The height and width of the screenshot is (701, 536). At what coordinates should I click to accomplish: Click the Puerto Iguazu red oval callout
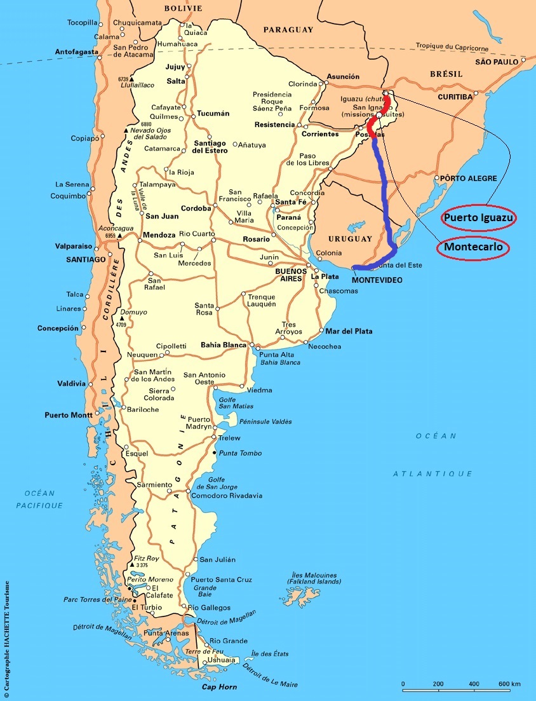point(479,218)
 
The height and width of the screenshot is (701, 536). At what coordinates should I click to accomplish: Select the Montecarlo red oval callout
point(473,247)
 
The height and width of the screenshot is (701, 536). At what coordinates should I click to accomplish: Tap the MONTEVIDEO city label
point(377,280)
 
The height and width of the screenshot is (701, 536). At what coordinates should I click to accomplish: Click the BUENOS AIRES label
point(291,275)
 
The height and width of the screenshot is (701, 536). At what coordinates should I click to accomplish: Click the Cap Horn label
point(219,687)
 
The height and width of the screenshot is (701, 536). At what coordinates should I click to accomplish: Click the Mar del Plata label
point(349,331)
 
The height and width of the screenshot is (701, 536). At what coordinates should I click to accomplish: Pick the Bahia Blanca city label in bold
point(224,345)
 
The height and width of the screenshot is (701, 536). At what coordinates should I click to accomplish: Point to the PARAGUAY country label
point(288,29)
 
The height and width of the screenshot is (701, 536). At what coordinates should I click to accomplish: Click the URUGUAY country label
point(349,239)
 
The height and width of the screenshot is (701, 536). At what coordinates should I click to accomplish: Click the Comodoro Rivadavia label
point(226,496)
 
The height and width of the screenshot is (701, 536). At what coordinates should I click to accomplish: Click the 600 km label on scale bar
point(509,684)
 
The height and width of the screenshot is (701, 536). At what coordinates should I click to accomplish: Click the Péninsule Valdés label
point(248,422)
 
